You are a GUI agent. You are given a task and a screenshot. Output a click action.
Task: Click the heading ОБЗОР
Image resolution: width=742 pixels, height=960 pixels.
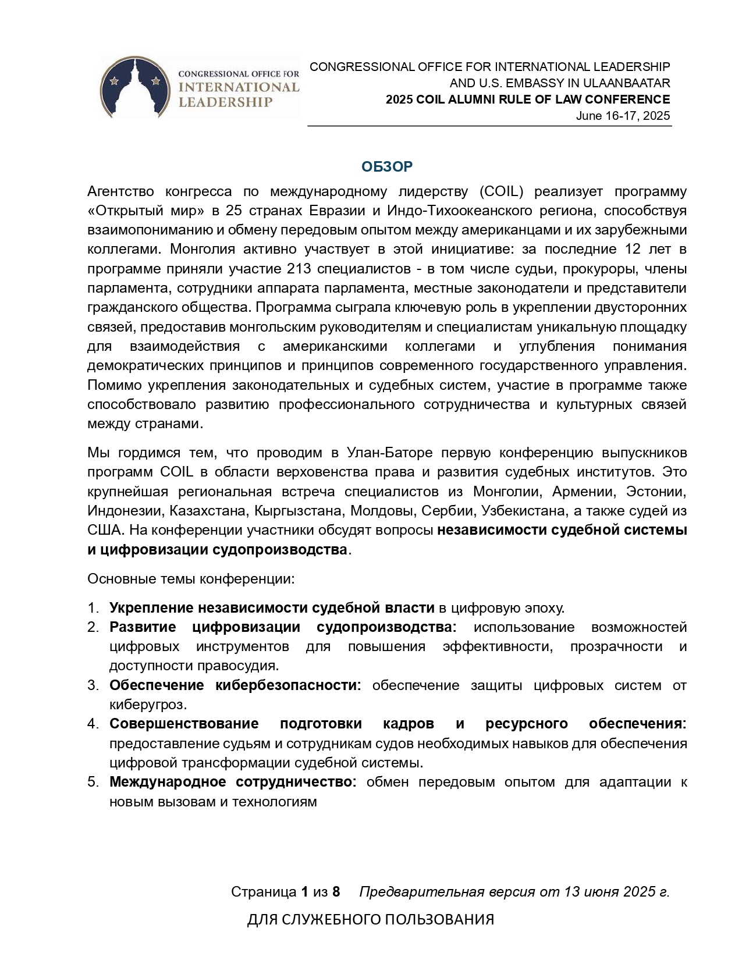[387, 167]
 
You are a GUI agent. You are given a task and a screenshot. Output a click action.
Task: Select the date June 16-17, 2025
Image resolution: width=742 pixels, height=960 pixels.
[623, 116]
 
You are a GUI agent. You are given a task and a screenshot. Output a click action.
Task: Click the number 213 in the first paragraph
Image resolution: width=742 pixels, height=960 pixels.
[299, 269]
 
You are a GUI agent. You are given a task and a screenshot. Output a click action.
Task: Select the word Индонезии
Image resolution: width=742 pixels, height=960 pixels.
[125, 511]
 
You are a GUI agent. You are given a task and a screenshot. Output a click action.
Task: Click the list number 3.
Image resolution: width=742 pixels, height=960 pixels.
[93, 685]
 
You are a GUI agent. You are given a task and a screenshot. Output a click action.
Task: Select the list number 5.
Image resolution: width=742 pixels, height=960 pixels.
[93, 782]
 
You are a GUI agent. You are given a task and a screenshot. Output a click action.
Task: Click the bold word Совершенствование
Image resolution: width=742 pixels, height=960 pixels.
[184, 724]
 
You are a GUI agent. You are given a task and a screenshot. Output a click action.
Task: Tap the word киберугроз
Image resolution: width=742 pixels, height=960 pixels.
[147, 705]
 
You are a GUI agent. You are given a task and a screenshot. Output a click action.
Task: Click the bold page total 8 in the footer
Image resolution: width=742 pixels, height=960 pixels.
[336, 892]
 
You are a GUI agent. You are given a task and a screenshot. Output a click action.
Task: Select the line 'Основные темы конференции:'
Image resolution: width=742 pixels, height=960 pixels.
[191, 579]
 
